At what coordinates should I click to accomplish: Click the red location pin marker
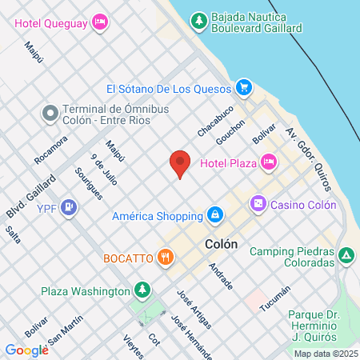pyautogui.click(x=180, y=162)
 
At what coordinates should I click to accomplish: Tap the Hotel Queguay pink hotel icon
pyautogui.click(x=100, y=22)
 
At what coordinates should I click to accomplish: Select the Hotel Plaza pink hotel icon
pyautogui.click(x=269, y=162)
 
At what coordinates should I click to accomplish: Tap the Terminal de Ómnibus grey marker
pyautogui.click(x=50, y=114)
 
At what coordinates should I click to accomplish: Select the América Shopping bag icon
pyautogui.click(x=214, y=215)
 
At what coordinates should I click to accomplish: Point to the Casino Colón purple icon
pyautogui.click(x=258, y=204)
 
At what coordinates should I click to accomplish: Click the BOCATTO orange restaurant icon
pyautogui.click(x=166, y=257)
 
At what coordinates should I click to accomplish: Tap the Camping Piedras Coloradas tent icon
pyautogui.click(x=346, y=256)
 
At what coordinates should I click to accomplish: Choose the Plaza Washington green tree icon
pyautogui.click(x=142, y=290)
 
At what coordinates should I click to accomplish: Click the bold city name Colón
pyautogui.click(x=222, y=246)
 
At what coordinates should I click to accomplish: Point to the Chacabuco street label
pyautogui.click(x=216, y=121)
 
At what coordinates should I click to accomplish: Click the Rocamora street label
pyautogui.click(x=50, y=149)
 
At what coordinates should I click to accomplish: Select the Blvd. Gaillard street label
pyautogui.click(x=26, y=197)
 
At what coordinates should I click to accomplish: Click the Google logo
pyautogui.click(x=26, y=350)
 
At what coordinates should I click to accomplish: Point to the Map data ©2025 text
pyautogui.click(x=326, y=354)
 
